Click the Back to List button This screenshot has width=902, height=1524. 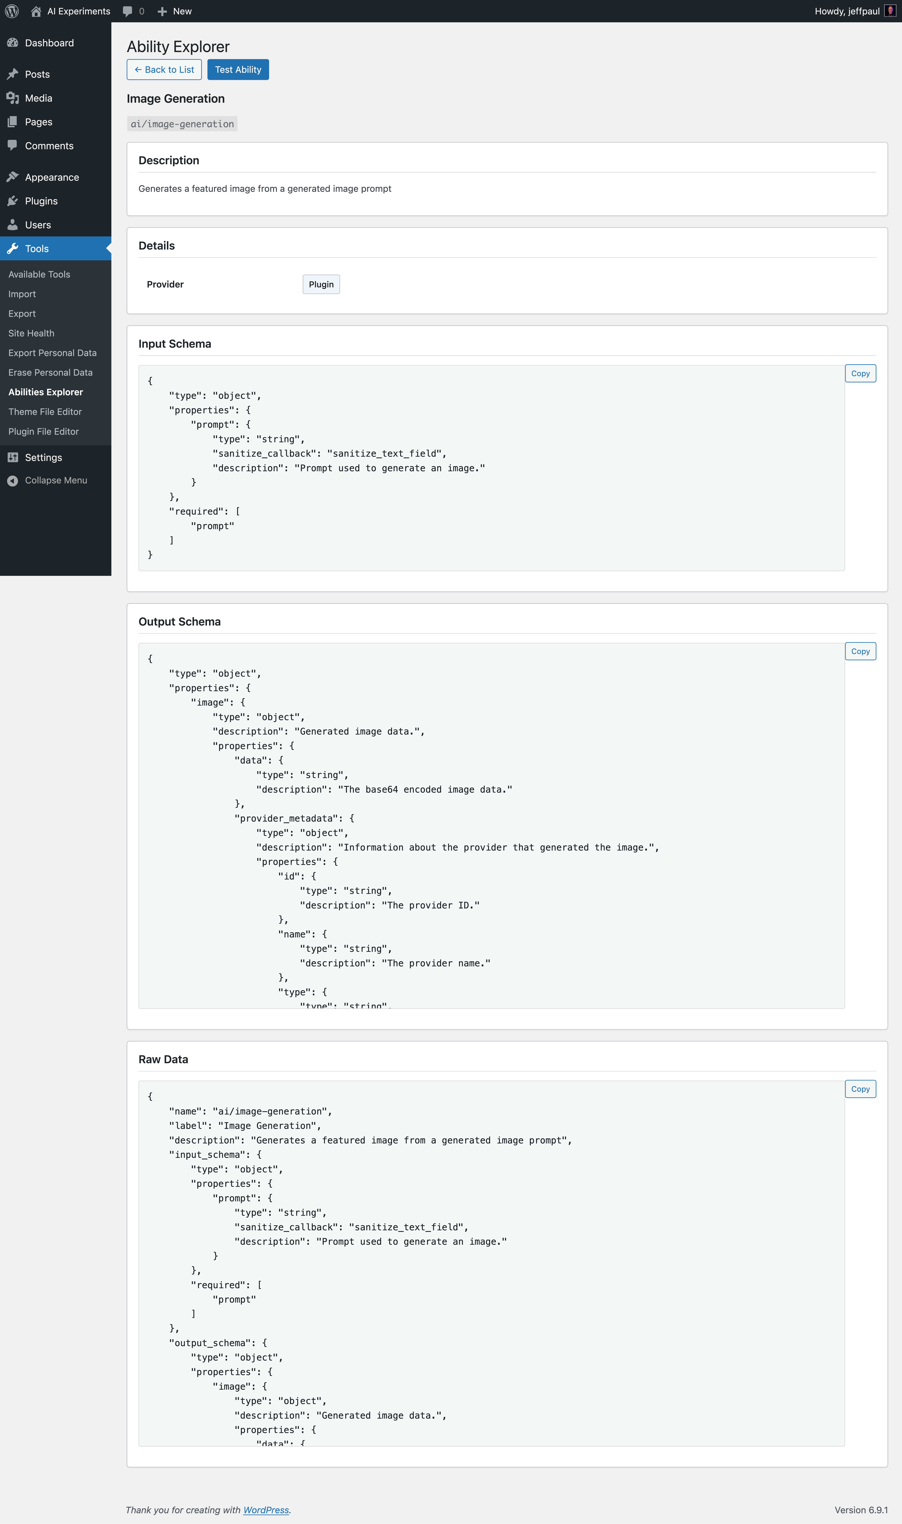pos(164,69)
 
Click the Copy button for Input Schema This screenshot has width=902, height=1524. pos(860,373)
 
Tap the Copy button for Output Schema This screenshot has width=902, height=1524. pos(860,651)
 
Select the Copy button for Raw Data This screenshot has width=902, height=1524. pos(860,1089)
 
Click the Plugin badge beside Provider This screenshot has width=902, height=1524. pos(321,285)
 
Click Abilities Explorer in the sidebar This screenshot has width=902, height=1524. pos(46,392)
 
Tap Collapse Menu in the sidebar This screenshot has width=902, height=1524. pos(56,480)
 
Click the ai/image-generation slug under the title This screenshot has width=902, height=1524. pos(182,124)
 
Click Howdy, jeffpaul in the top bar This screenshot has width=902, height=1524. pos(847,11)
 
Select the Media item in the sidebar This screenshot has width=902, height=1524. pos(38,98)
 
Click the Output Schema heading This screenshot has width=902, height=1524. pos(179,621)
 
